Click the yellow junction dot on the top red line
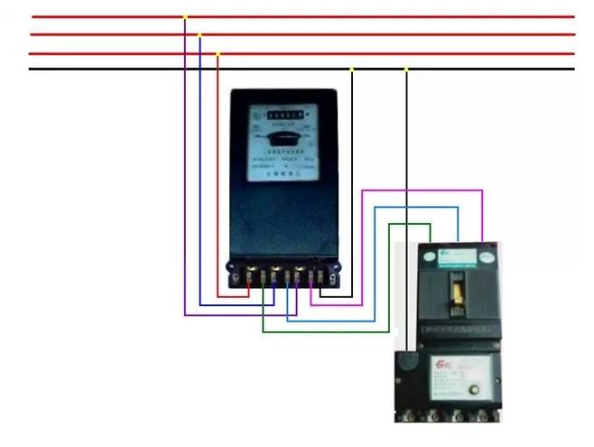(185, 16)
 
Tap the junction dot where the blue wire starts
(200, 34)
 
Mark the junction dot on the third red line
(218, 53)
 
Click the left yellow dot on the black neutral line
(352, 69)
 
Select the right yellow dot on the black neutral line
(406, 69)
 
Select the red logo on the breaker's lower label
(442, 364)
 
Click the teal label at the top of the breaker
(459, 256)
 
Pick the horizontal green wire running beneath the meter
(325, 331)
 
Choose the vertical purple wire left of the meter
(185, 181)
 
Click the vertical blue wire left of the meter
(200, 181)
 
